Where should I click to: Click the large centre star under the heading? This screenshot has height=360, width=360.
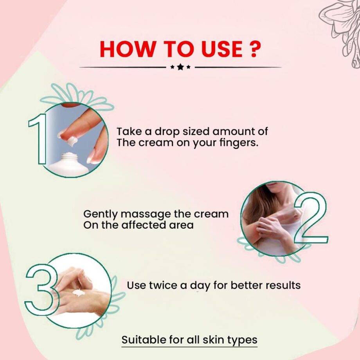pos(180,67)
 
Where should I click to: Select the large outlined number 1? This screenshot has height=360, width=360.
pos(38,139)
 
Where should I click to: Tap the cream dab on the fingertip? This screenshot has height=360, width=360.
pos(73,141)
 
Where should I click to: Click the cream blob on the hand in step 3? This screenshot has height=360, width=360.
pos(78,293)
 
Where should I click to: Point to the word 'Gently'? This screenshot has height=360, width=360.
pos(101,215)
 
